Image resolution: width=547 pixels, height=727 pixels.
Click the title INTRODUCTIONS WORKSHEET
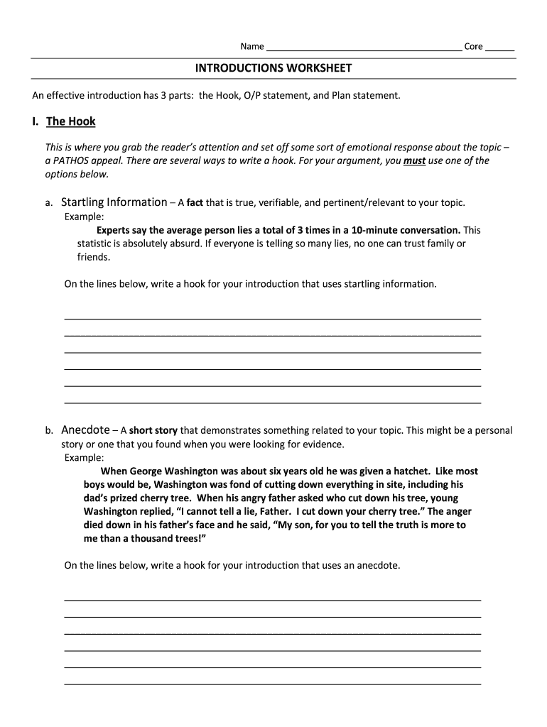(273, 68)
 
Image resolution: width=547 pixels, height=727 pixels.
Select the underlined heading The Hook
(70, 121)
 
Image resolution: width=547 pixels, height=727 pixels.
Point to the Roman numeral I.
(35, 121)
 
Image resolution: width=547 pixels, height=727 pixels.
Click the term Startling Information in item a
(114, 202)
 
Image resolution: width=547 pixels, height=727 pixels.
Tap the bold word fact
(195, 203)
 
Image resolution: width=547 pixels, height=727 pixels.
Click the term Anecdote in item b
(85, 430)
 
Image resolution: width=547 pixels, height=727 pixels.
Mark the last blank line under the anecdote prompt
(273, 683)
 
